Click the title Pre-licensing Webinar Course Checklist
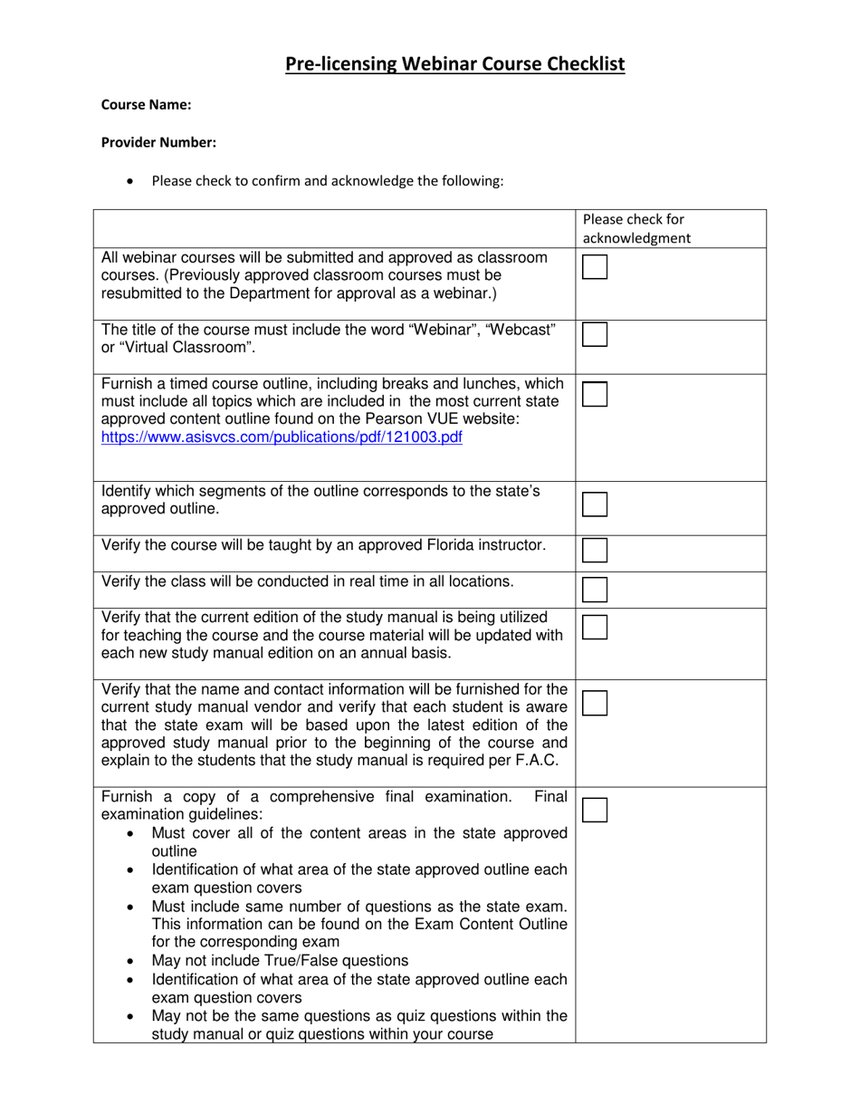click(x=454, y=64)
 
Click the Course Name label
click(x=146, y=105)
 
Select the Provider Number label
click(x=158, y=142)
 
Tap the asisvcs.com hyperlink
click(x=282, y=437)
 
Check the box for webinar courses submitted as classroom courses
click(x=595, y=267)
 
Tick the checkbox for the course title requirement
click(x=595, y=334)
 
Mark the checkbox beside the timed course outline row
click(x=595, y=394)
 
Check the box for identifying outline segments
click(x=595, y=504)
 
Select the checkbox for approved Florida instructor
click(x=595, y=550)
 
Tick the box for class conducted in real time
click(x=595, y=590)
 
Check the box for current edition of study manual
click(x=595, y=627)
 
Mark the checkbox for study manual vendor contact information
click(x=595, y=703)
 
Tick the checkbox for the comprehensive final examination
click(x=595, y=810)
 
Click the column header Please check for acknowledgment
click(x=635, y=228)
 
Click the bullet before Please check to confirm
click(x=133, y=181)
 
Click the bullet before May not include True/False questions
click(x=132, y=961)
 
